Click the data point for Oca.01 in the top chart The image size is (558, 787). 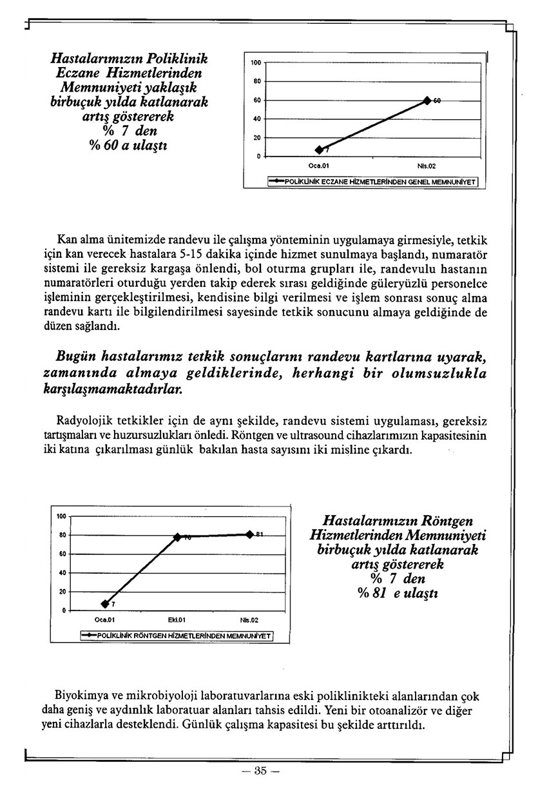(319, 150)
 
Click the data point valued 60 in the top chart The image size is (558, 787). (427, 101)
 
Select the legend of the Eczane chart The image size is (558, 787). (373, 182)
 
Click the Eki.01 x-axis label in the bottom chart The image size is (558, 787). (177, 619)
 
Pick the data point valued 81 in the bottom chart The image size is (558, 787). (249, 534)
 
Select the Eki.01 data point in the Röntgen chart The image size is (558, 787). (177, 536)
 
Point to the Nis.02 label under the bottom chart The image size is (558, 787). (249, 619)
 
